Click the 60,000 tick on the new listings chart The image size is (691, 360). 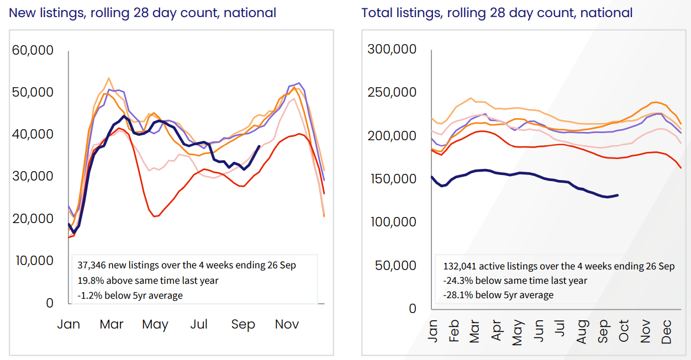point(33,50)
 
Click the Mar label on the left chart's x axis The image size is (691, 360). point(112,324)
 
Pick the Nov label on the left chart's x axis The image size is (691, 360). point(287,324)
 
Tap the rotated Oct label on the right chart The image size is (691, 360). point(624,331)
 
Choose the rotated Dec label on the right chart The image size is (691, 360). point(666,331)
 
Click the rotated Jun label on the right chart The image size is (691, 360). point(539,331)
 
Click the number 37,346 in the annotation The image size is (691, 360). point(96,266)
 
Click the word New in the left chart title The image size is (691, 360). point(22,13)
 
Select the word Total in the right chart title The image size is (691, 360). point(377,13)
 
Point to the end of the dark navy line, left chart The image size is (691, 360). point(260,146)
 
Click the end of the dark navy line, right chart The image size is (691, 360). point(617,195)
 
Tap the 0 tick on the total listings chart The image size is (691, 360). point(412,309)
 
